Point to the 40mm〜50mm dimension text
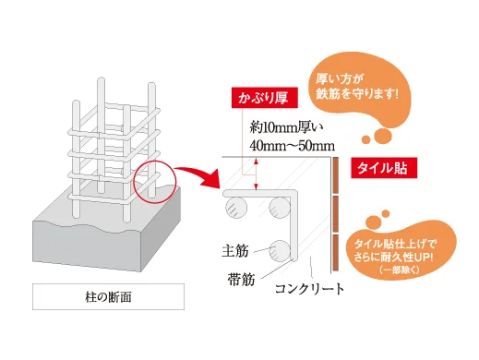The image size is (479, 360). pyautogui.click(x=292, y=145)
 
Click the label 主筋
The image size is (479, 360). pyautogui.click(x=235, y=249)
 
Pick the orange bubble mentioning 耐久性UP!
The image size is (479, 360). pyautogui.click(x=398, y=250)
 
